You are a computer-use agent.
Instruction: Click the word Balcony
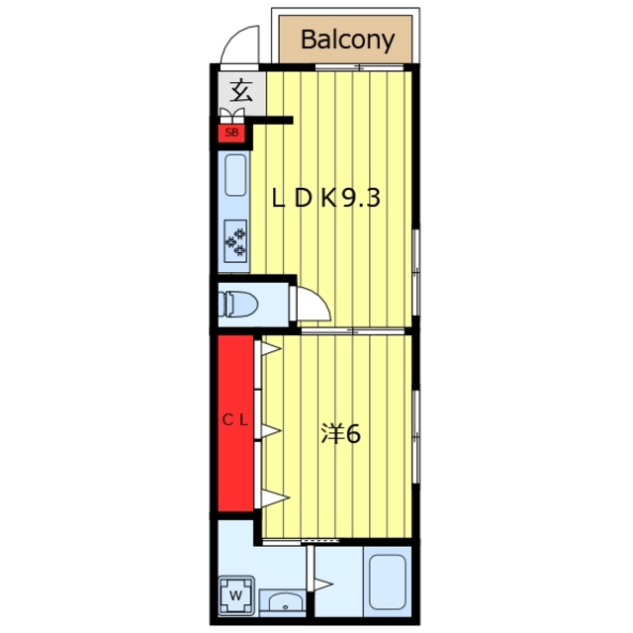[347, 40]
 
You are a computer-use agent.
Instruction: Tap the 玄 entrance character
[241, 90]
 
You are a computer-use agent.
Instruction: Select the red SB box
[231, 133]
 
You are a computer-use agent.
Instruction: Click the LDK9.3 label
[325, 198]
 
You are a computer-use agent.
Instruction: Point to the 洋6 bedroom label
[340, 433]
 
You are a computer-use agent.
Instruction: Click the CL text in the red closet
[235, 420]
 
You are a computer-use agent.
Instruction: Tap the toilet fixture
[238, 304]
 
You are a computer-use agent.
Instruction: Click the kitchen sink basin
[235, 175]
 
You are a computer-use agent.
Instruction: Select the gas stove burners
[235, 241]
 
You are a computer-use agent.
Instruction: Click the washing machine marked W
[236, 595]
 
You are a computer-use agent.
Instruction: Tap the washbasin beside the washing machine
[282, 602]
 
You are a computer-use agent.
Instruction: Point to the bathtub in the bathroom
[387, 582]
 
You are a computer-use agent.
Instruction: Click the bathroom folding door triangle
[323, 585]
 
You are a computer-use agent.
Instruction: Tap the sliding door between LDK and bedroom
[353, 331]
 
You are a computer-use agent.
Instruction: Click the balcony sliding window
[359, 67]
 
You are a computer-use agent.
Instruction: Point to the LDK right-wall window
[415, 273]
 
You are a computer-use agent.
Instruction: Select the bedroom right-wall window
[415, 436]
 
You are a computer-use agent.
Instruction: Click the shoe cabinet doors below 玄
[231, 116]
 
